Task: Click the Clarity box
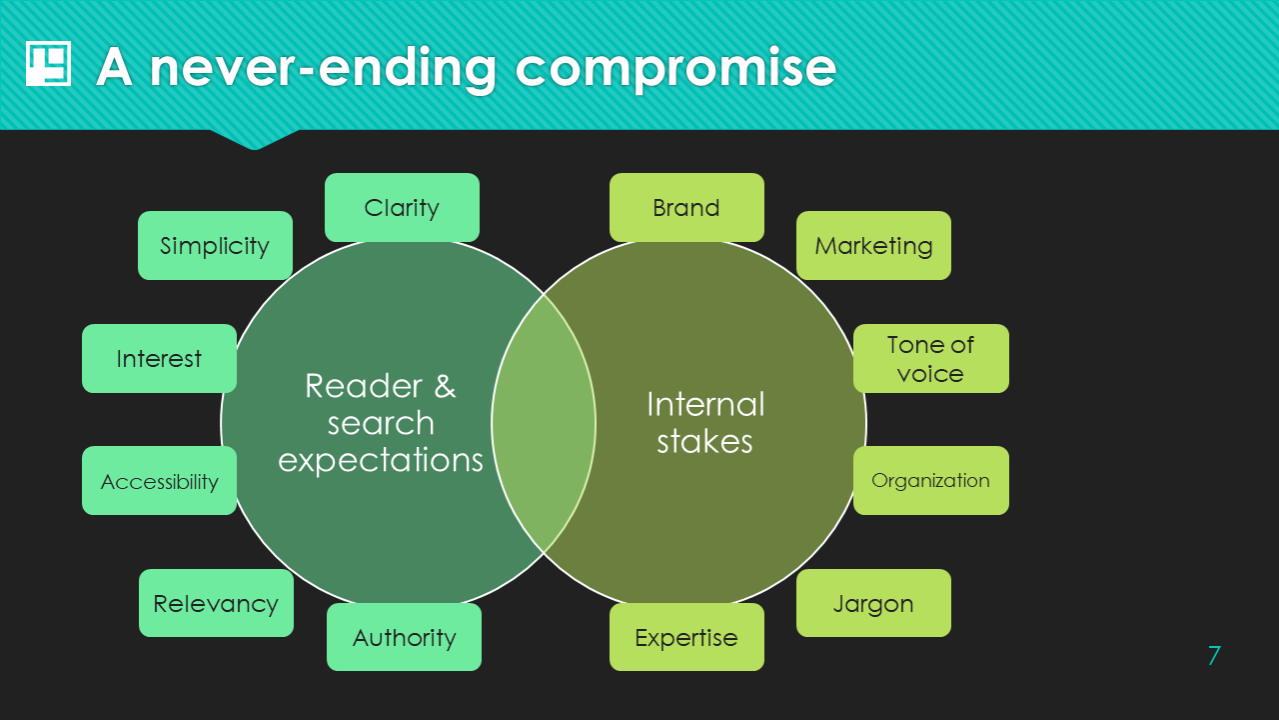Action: click(x=402, y=207)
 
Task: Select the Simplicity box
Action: click(x=215, y=245)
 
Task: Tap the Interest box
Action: click(x=159, y=358)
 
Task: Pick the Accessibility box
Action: click(x=159, y=481)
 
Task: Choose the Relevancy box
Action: click(x=216, y=603)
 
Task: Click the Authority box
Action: click(x=404, y=637)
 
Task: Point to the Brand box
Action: click(x=686, y=207)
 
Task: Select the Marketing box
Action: click(x=873, y=245)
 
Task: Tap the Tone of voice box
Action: click(x=930, y=358)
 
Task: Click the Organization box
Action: click(x=930, y=480)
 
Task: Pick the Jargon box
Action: click(x=873, y=603)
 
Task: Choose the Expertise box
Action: click(x=686, y=637)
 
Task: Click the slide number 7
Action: click(x=1214, y=656)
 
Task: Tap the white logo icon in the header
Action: click(x=48, y=64)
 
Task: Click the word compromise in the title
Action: click(x=675, y=68)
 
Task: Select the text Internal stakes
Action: click(x=705, y=422)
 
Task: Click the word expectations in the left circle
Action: click(x=381, y=460)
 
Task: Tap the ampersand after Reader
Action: click(x=445, y=385)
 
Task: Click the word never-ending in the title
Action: click(x=323, y=68)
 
